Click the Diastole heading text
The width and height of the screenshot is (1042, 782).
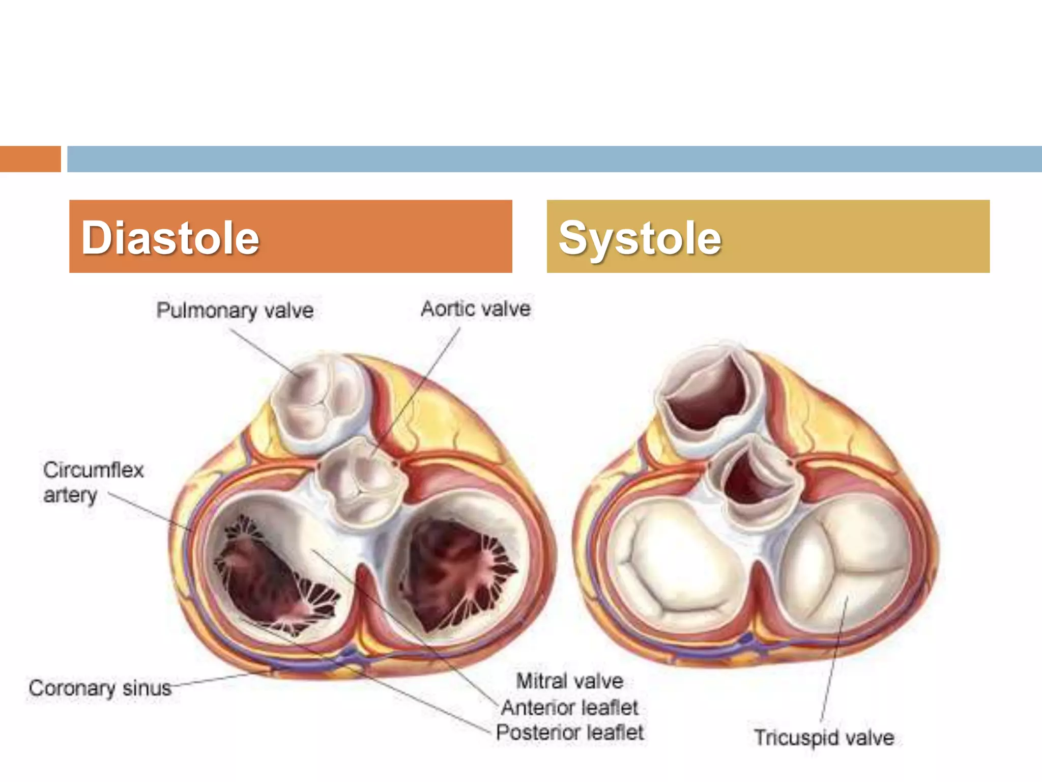coord(170,238)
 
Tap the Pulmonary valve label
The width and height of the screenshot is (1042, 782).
coord(235,310)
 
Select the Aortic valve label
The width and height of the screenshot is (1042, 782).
coord(476,309)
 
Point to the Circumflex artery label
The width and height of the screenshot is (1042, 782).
coord(93,482)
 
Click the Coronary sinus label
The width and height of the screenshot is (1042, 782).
coord(100,688)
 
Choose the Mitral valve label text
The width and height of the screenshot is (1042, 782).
coord(570,681)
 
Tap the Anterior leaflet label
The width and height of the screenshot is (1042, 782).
coord(570,707)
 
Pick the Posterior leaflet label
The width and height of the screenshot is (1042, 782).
coord(570,733)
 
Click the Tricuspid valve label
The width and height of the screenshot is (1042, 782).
coord(824,738)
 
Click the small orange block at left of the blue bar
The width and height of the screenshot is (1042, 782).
coord(30,159)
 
